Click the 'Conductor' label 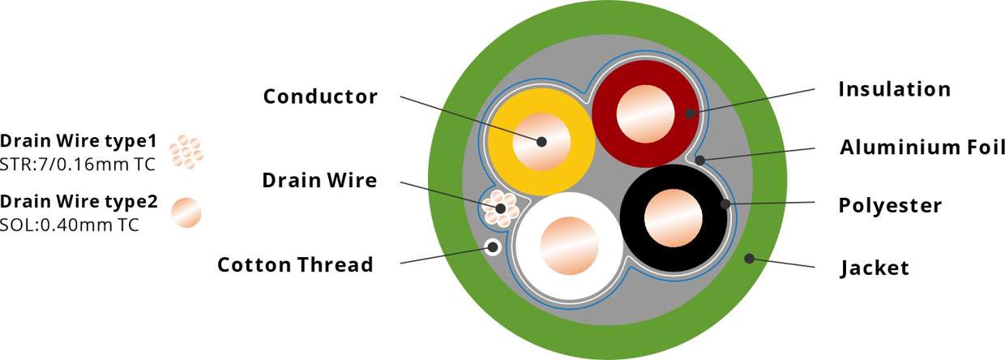(320, 96)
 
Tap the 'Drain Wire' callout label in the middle (319, 180)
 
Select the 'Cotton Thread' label (295, 264)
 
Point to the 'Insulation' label (894, 88)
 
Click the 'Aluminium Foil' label (922, 148)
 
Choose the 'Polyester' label (890, 206)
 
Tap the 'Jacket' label (875, 267)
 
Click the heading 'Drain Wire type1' (79, 139)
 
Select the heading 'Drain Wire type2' (79, 200)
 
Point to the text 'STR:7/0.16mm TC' (77, 161)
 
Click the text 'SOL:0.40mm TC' (71, 222)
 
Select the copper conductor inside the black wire (674, 218)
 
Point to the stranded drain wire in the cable (501, 209)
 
